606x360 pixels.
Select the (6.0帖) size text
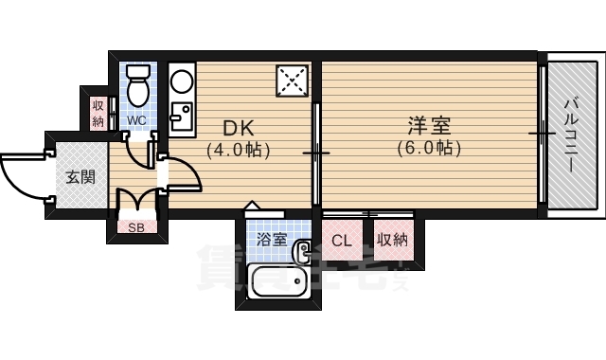tap(428, 149)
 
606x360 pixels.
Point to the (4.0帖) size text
tap(239, 150)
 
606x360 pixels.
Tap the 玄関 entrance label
tap(80, 176)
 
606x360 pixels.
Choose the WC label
tap(137, 120)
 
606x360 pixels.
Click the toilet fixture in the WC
tap(139, 85)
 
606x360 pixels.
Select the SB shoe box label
tap(137, 227)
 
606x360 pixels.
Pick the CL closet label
tap(342, 241)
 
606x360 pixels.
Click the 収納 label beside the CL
tap(390, 240)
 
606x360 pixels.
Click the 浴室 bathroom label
tap(273, 240)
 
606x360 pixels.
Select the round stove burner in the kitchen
tap(181, 81)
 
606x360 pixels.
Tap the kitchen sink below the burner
tap(181, 117)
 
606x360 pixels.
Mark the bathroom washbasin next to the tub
tap(304, 251)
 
